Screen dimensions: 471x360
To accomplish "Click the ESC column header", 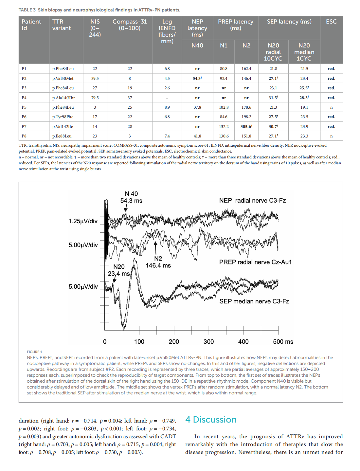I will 331,22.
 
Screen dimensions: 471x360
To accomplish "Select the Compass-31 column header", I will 130,25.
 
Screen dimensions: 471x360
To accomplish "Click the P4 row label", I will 24,98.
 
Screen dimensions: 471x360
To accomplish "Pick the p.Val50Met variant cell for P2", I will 63,79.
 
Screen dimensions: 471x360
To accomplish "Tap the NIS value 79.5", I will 95,98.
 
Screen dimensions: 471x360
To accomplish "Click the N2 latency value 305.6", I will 246,126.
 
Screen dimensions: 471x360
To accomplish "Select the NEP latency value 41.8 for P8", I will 197,136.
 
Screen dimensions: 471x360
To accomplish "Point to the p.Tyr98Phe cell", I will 63,117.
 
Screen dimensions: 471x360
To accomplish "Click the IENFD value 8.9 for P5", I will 167,107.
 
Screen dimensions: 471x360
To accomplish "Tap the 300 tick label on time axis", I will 208,342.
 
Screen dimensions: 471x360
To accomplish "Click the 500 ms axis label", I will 283,342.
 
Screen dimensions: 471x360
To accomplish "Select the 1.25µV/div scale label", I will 83,221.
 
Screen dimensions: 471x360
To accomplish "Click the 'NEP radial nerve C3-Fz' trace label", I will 252,201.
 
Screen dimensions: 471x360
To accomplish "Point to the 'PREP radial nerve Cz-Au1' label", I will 255,262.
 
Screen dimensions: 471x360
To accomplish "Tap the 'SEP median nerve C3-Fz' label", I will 254,301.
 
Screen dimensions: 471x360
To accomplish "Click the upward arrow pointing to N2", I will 155,247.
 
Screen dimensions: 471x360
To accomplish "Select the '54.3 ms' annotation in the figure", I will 131,201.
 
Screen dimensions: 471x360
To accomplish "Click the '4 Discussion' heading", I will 211,420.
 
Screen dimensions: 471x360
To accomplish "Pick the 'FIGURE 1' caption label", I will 34,352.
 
